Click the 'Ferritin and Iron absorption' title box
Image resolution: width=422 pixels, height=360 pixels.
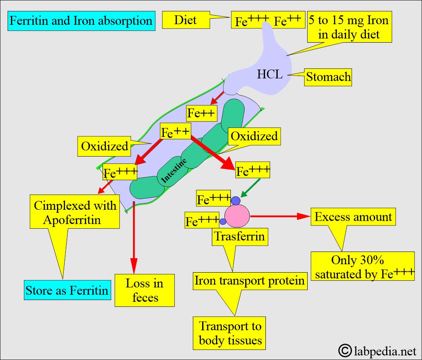81,21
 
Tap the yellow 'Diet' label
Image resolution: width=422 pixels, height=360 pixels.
185,20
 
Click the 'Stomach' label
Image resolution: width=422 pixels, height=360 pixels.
328,77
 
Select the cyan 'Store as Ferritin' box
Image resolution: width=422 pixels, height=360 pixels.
67,290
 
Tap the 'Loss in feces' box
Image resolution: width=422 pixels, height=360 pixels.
145,290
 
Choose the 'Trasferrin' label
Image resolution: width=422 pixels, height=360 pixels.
239,236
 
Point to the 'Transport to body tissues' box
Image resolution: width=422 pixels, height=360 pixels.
230,333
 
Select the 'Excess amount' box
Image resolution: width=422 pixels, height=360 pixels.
353,217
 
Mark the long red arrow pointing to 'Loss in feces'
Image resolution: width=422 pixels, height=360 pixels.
133,236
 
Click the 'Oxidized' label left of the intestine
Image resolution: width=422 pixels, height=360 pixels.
104,146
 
